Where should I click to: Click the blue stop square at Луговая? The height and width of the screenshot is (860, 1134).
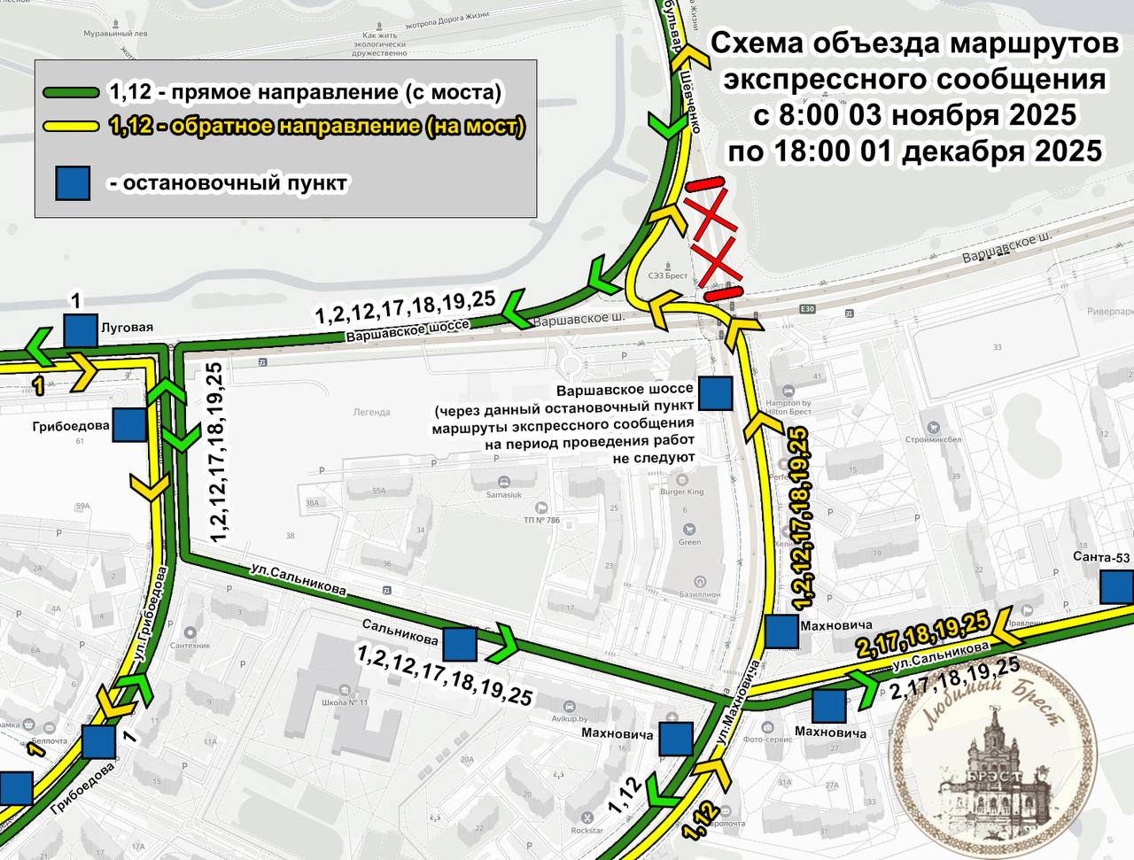(x=80, y=329)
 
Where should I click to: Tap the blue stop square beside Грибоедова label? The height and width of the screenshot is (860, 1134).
(x=129, y=425)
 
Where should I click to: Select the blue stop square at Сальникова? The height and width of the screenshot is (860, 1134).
(x=459, y=644)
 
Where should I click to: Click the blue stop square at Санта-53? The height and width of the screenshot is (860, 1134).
(x=1116, y=585)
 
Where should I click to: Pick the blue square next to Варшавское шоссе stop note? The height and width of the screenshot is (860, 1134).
(x=715, y=393)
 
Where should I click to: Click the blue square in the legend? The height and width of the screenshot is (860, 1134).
(x=73, y=183)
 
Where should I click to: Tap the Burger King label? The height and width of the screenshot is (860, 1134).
(x=683, y=492)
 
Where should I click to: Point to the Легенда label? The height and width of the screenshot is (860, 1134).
(x=371, y=412)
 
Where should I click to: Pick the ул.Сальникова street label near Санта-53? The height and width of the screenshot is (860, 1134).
(x=940, y=655)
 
